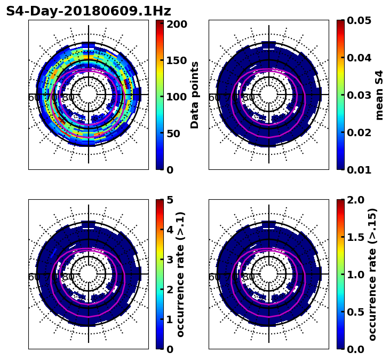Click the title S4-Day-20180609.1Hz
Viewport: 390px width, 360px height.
point(89,11)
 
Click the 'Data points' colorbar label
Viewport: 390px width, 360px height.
point(195,95)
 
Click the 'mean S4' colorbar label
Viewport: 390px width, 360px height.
point(379,95)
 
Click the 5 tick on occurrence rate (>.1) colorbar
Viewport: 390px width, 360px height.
point(170,200)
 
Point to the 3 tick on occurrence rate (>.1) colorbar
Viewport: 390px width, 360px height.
point(170,260)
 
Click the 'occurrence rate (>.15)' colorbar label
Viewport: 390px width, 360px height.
point(372,275)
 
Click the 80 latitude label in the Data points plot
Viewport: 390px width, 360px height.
point(68,98)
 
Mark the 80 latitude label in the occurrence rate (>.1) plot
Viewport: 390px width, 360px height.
point(68,277)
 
